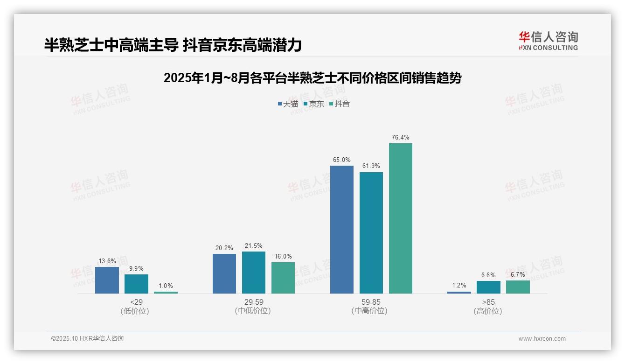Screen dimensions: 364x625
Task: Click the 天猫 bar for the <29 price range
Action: [x=107, y=280]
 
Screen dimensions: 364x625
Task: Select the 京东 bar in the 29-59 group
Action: [x=253, y=273]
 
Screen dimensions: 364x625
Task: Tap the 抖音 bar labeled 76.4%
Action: [x=400, y=218]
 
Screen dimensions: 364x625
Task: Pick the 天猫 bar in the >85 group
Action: [x=459, y=293]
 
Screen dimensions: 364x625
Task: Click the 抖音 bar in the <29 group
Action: [x=166, y=293]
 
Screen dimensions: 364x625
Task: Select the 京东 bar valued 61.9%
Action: [x=371, y=232]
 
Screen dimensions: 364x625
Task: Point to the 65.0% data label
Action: [x=341, y=160]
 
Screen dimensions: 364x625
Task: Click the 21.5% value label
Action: [x=253, y=246]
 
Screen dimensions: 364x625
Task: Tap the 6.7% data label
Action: [x=518, y=275]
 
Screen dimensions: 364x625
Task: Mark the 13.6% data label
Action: [x=107, y=261]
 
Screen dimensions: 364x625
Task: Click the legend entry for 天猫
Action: [x=288, y=104]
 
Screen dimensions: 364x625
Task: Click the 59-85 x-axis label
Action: [x=371, y=302]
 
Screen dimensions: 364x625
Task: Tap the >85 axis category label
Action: [x=488, y=302]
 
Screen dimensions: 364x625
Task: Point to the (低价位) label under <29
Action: [x=136, y=311]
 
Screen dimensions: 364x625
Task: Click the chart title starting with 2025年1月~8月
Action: [x=312, y=78]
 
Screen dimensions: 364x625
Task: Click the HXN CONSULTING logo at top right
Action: [x=548, y=41]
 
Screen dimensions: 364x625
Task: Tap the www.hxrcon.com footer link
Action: [x=542, y=339]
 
